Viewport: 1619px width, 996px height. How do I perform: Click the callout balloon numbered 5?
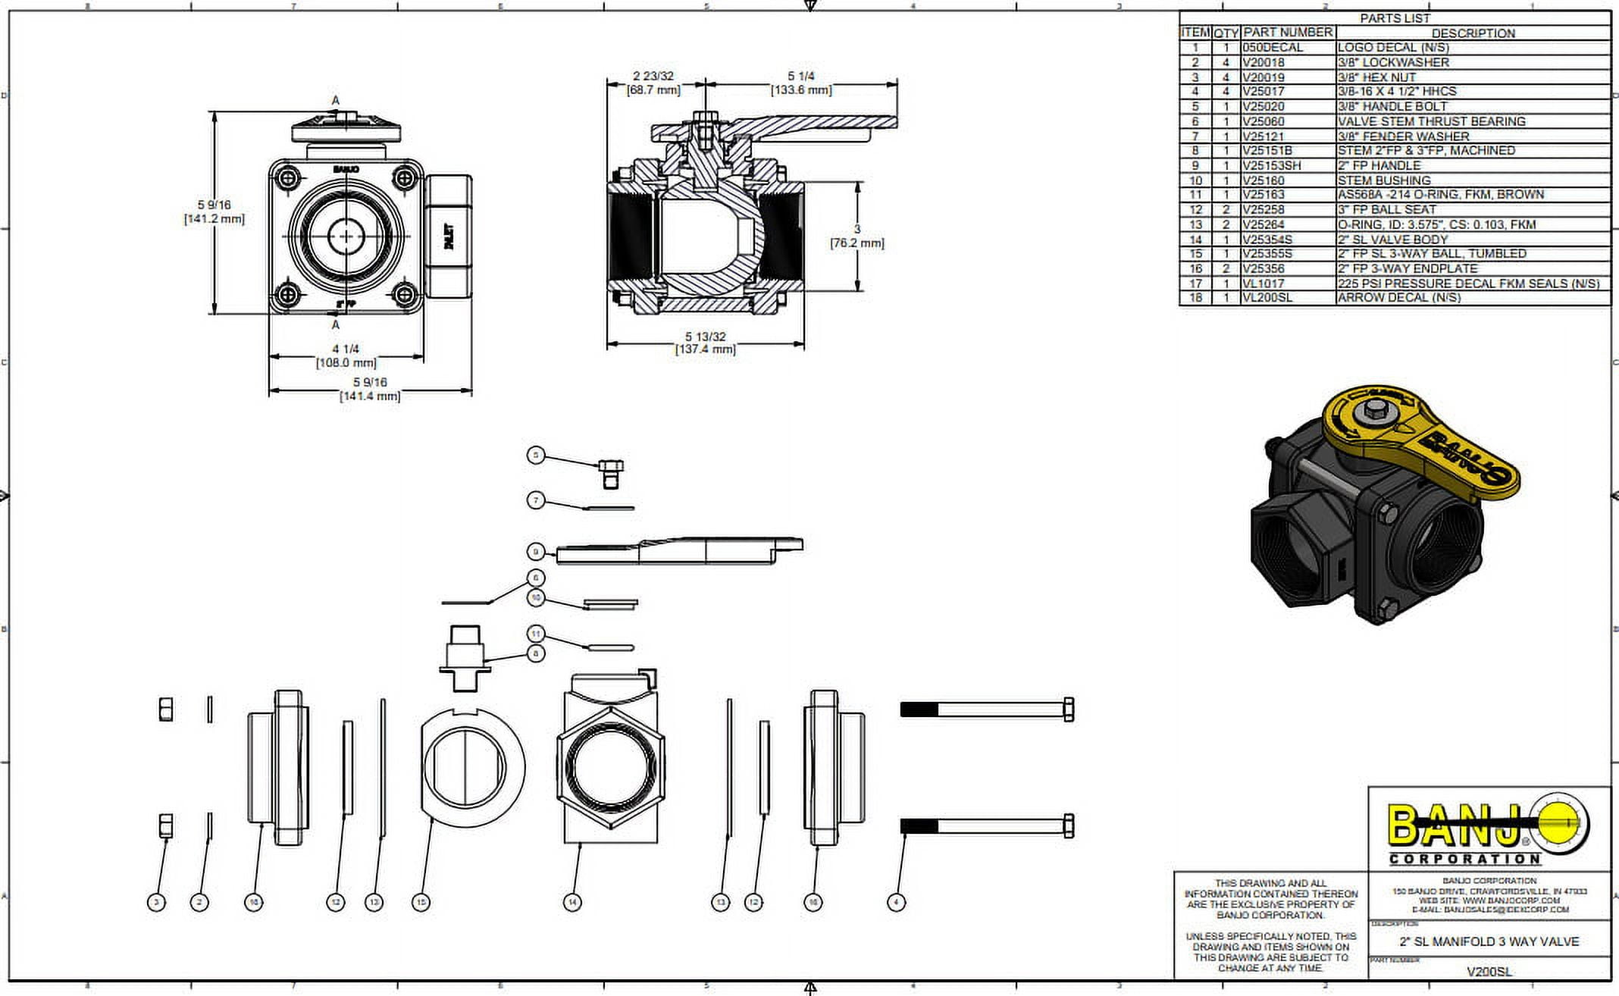coord(536,455)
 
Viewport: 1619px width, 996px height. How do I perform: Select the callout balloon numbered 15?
coord(421,902)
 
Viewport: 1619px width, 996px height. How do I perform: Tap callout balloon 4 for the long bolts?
coord(896,902)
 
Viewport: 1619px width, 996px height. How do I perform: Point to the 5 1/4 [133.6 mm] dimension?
coord(801,83)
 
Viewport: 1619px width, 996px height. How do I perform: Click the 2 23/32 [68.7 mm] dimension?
coord(653,83)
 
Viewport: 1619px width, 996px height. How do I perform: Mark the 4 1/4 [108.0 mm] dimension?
coord(346,355)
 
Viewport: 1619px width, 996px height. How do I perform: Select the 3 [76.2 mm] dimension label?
coord(857,236)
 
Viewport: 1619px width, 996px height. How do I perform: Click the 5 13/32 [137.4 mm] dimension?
coord(705,343)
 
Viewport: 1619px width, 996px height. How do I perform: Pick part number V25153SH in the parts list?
coord(1271,165)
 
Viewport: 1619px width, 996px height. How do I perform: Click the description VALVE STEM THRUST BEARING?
coord(1431,121)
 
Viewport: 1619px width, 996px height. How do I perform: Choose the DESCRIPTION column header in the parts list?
coord(1473,33)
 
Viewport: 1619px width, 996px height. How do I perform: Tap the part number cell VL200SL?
coord(1267,298)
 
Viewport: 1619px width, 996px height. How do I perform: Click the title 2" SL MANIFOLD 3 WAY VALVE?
coord(1489,941)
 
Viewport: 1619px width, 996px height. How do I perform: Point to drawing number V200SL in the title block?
coord(1489,972)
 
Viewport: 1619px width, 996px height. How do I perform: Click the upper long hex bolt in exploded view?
coord(987,709)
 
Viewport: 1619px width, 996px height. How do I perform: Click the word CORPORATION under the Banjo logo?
coord(1464,860)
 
